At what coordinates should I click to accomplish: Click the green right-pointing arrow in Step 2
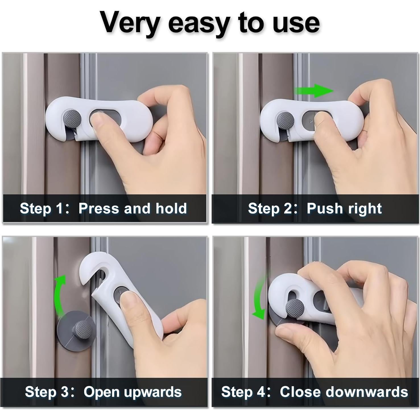click(314, 91)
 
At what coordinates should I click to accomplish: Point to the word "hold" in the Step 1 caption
click(171, 209)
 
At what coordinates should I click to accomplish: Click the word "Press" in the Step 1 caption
click(99, 209)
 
